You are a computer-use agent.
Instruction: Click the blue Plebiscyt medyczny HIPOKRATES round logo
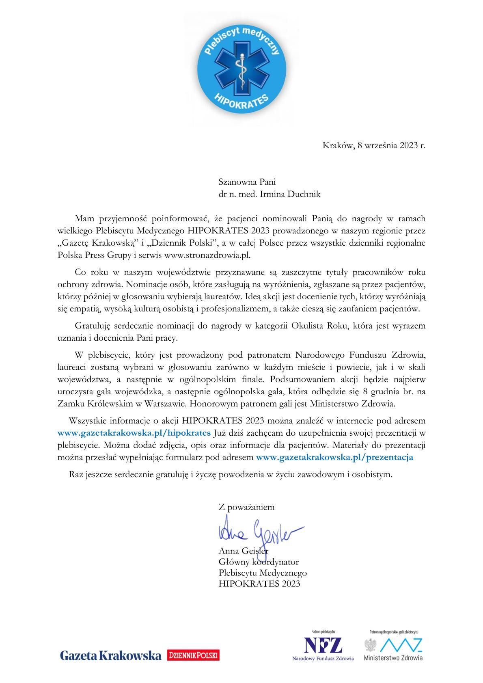pyautogui.click(x=241, y=69)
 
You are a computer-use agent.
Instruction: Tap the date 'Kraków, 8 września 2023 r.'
pyautogui.click(x=374, y=145)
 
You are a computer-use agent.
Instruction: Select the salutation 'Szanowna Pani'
pyautogui.click(x=247, y=182)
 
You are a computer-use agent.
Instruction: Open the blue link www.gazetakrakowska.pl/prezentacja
pyautogui.click(x=334, y=457)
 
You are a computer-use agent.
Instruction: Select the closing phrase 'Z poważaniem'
pyautogui.click(x=246, y=507)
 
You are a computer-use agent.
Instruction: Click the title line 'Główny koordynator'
pyautogui.click(x=259, y=562)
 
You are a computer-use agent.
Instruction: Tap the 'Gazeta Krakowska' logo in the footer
pyautogui.click(x=110, y=655)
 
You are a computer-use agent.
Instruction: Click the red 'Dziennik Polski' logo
pyautogui.click(x=193, y=655)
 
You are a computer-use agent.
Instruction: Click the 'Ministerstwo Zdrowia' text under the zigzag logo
pyautogui.click(x=393, y=657)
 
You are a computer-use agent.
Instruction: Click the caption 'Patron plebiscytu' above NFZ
pyautogui.click(x=323, y=632)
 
